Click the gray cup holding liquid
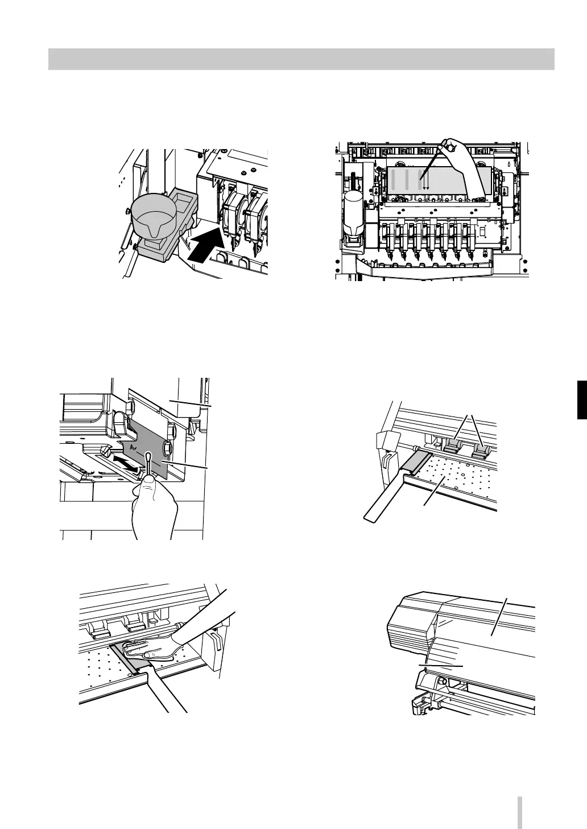(152, 216)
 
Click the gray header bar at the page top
(301, 59)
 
